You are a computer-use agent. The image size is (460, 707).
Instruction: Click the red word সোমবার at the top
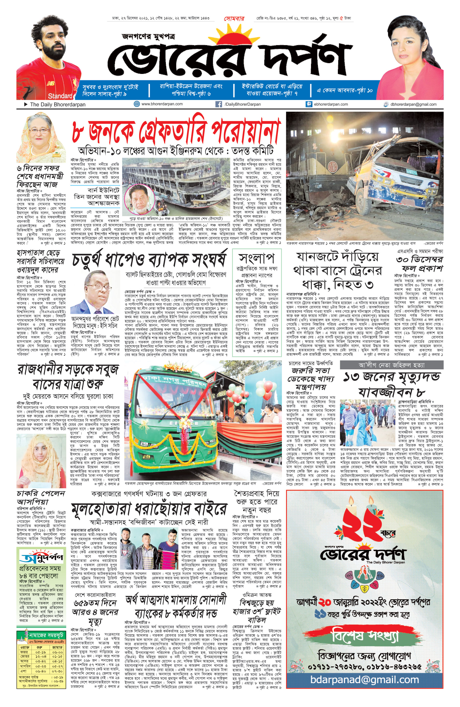234,18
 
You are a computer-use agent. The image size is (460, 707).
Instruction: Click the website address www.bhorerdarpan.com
162,104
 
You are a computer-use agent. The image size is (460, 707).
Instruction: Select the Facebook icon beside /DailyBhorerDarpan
218,104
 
